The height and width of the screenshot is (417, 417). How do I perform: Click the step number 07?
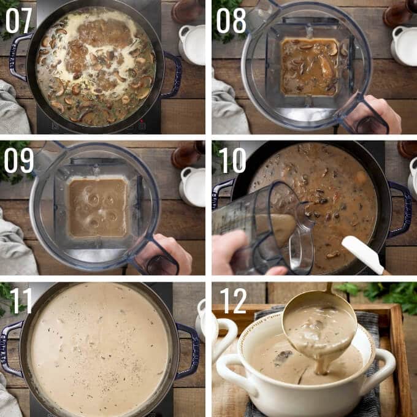(x=18, y=20)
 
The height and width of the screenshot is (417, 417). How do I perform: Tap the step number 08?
(x=231, y=20)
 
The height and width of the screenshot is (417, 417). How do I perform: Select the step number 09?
(x=18, y=160)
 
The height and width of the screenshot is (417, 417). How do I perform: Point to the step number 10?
(x=232, y=160)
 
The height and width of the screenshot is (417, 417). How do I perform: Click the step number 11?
(x=21, y=300)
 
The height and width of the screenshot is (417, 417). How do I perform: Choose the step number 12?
(x=234, y=300)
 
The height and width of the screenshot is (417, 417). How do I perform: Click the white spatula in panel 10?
(x=363, y=254)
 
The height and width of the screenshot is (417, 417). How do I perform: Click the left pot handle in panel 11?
(x=10, y=348)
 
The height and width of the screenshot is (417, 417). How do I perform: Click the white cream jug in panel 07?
(x=192, y=45)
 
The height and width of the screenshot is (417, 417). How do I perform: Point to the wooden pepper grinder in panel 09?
(x=188, y=155)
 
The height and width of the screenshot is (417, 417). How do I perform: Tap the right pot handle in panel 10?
(x=401, y=208)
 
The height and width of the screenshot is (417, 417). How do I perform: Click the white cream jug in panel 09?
(x=193, y=186)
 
